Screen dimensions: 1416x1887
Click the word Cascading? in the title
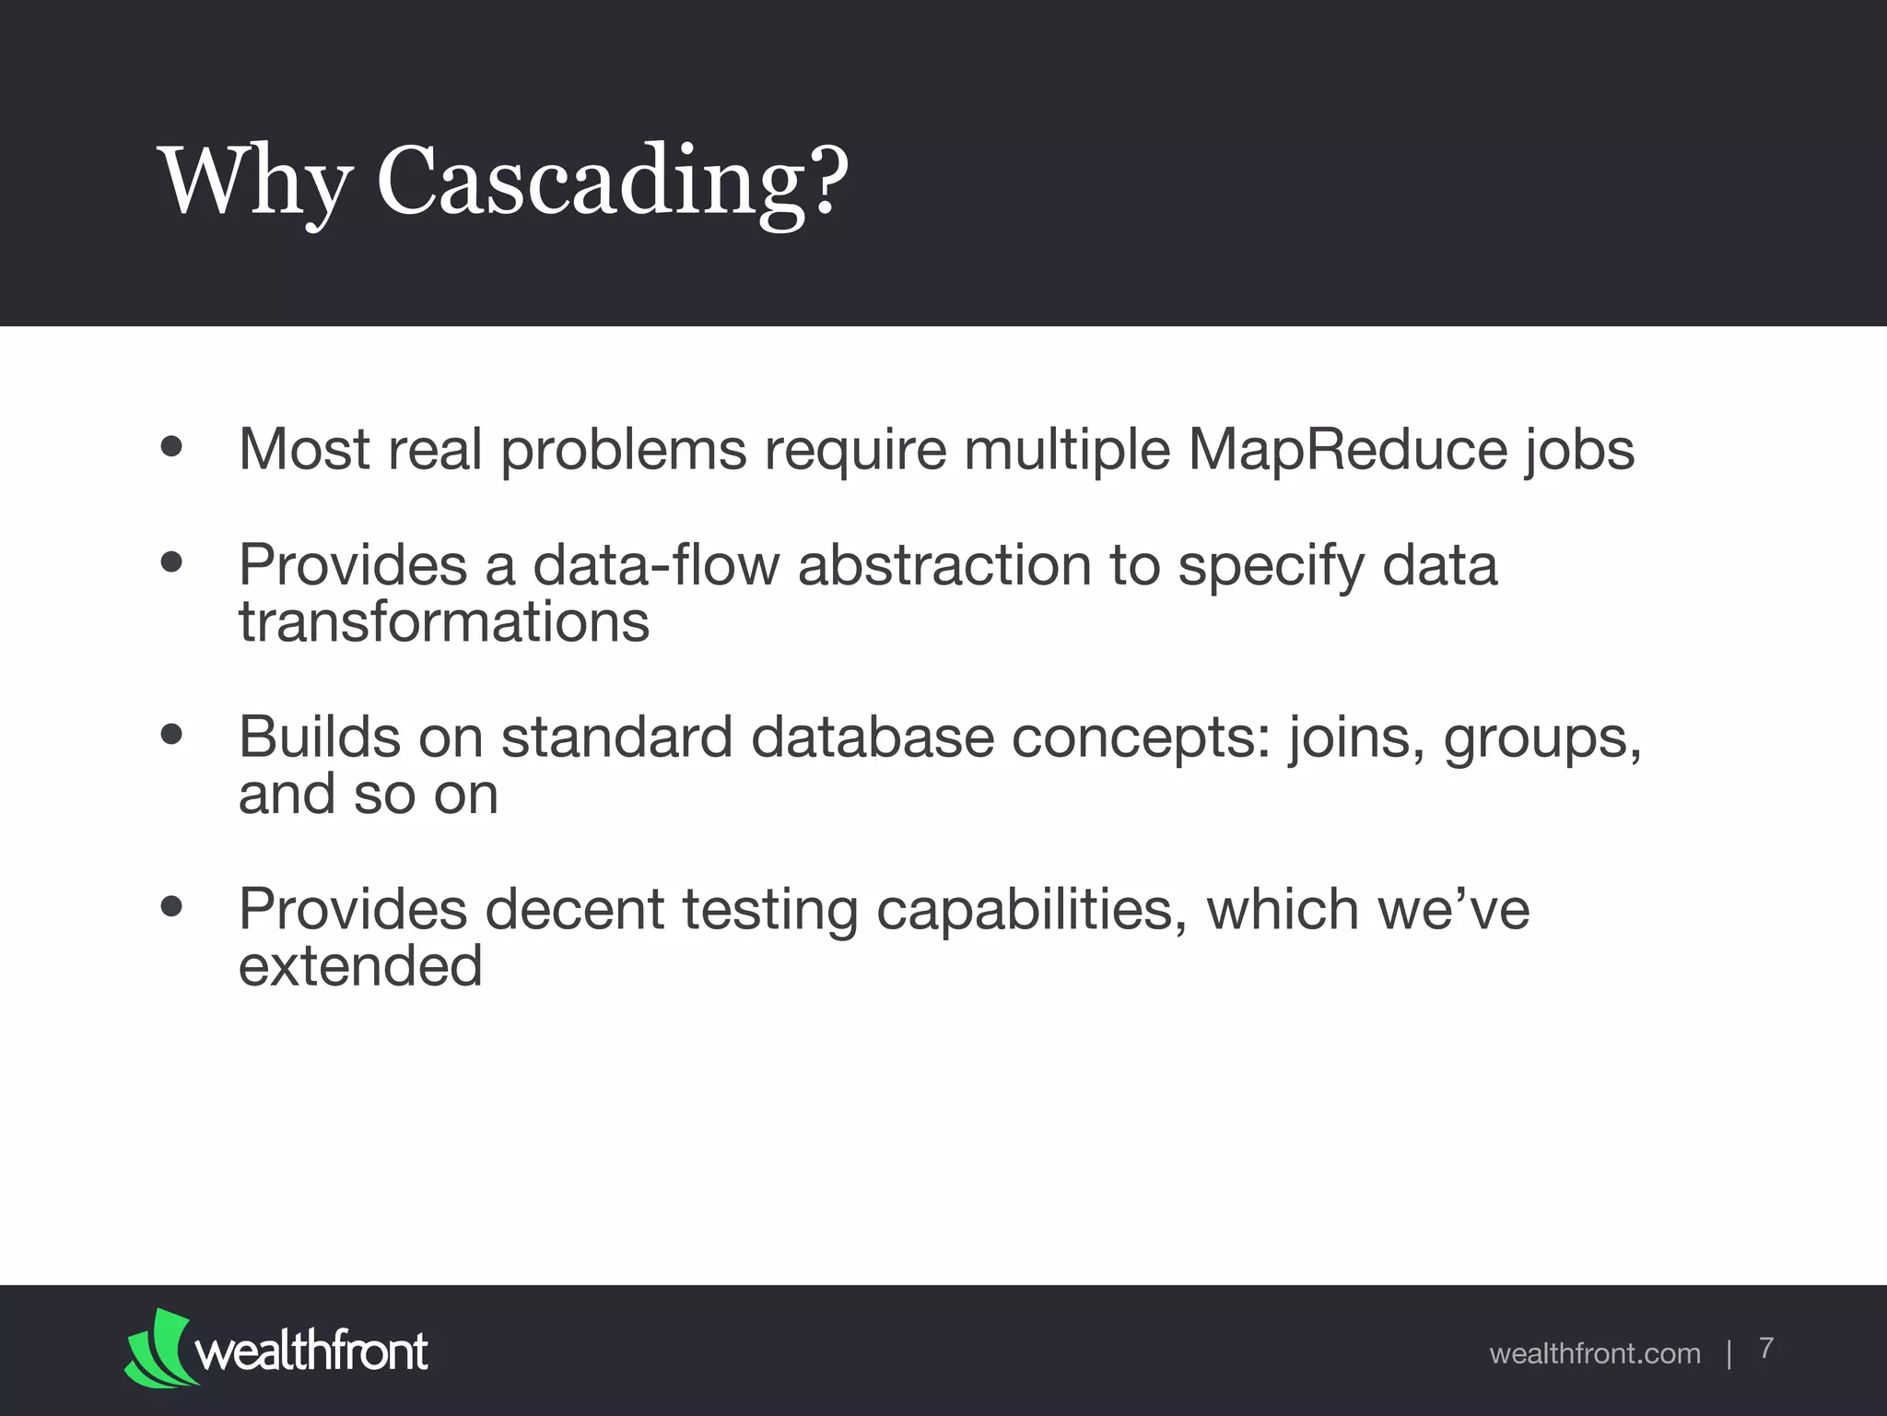tap(612, 181)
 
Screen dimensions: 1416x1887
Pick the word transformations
tap(444, 622)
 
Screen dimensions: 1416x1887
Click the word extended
tap(360, 966)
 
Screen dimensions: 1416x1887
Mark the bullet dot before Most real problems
tap(171, 447)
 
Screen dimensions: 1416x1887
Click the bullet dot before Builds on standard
tap(171, 735)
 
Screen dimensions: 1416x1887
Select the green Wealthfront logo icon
tap(160, 1347)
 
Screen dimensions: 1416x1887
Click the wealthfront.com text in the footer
tap(1595, 1353)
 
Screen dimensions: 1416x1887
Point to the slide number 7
tap(1766, 1348)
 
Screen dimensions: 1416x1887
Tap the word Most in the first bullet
tap(304, 450)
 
